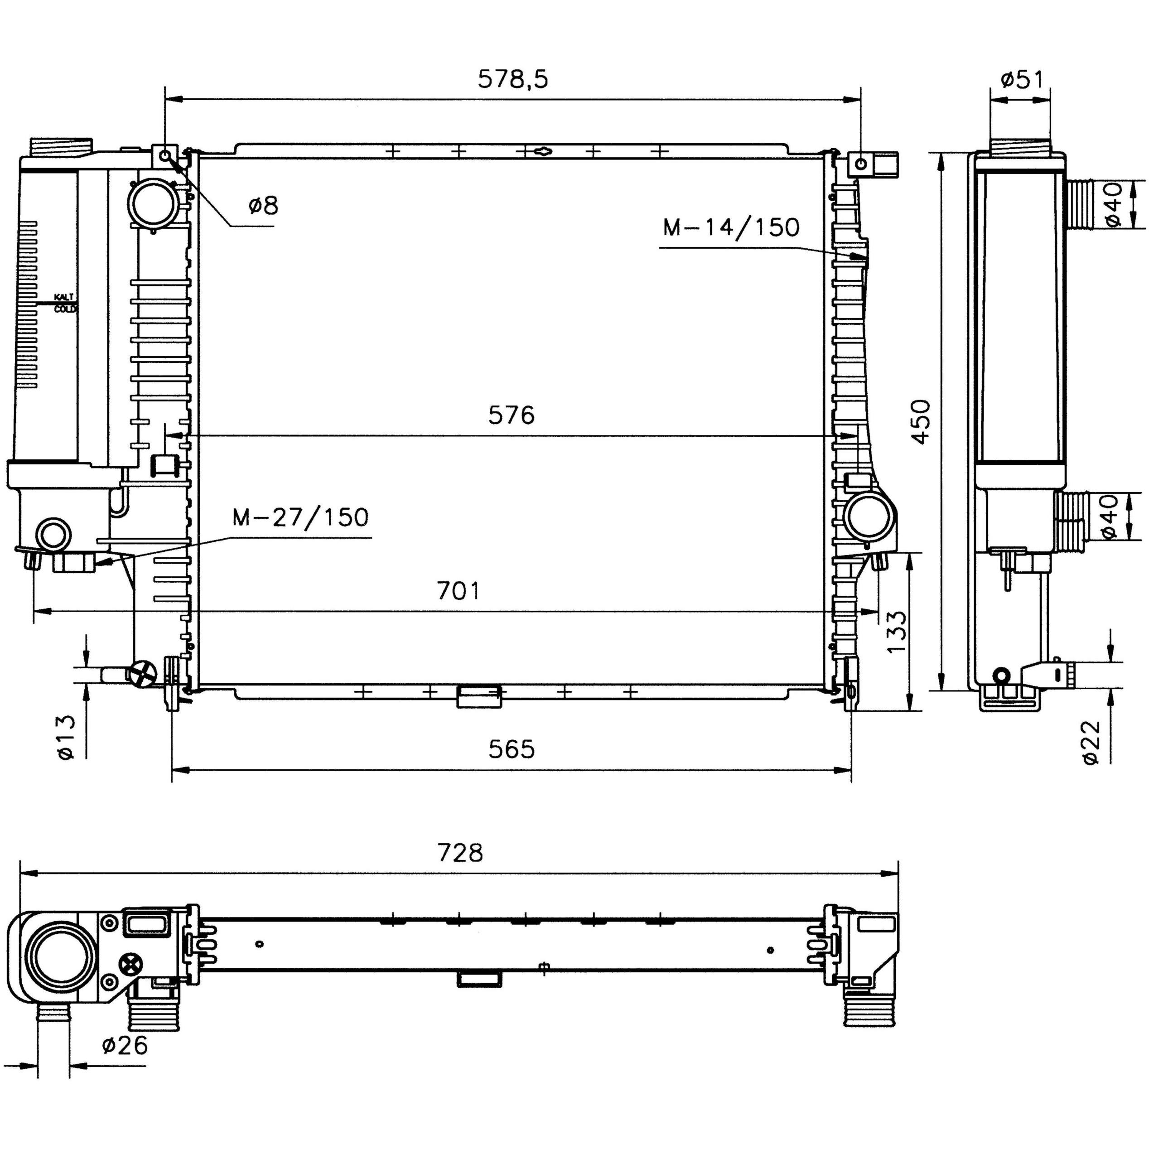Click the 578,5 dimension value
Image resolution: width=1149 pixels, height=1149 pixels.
click(512, 79)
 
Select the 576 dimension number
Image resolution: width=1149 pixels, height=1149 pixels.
click(512, 415)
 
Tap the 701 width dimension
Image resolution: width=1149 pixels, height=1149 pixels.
click(458, 590)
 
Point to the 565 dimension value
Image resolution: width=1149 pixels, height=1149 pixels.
click(512, 749)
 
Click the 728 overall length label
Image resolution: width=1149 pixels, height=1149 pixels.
click(460, 853)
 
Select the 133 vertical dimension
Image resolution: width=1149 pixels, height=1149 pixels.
click(896, 632)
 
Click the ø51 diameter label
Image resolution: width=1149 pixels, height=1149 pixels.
click(1022, 79)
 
